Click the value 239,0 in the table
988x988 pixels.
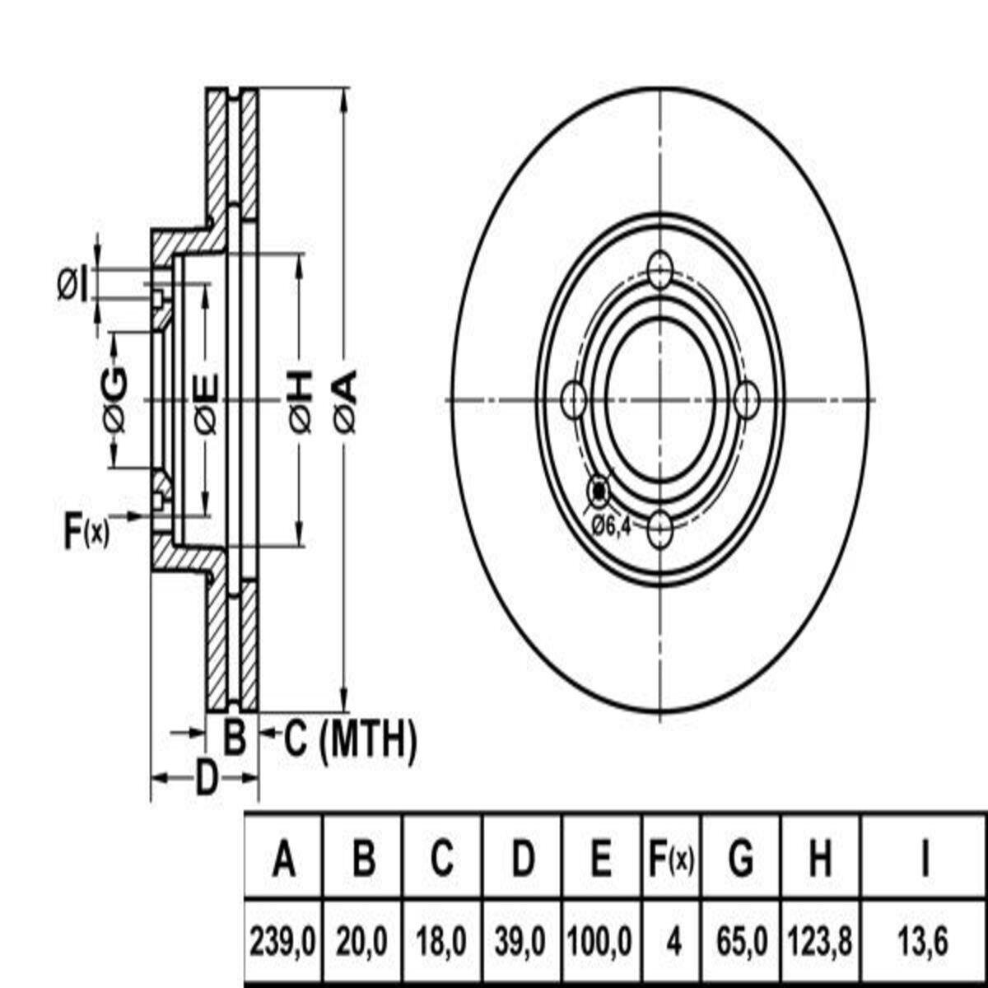(x=282, y=941)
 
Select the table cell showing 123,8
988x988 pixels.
(x=820, y=941)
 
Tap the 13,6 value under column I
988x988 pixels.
(x=923, y=941)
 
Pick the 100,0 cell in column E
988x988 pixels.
(x=600, y=941)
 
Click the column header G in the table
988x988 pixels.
(x=741, y=859)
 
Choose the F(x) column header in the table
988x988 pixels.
(x=671, y=859)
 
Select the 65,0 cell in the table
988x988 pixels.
(x=741, y=941)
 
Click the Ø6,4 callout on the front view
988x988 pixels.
(x=611, y=525)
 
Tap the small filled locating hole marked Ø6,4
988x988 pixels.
(x=599, y=492)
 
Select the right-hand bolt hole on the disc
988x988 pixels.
(x=747, y=399)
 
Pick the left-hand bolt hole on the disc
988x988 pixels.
(x=574, y=399)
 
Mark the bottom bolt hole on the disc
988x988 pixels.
(x=659, y=529)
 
